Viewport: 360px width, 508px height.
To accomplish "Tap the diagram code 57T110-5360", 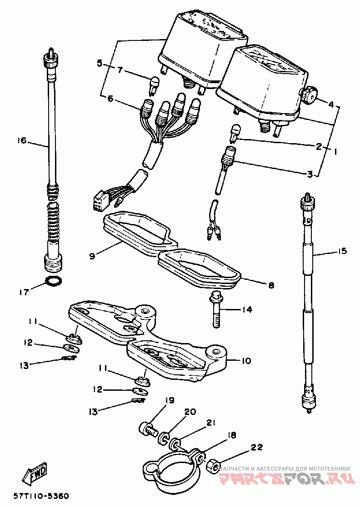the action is click(x=40, y=496).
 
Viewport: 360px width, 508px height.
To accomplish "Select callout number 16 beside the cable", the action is click(x=22, y=141).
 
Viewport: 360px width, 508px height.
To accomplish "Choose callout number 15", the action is click(x=342, y=251).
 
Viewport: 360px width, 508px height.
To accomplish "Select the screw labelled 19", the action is click(x=147, y=428).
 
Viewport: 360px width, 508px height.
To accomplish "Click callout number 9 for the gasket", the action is click(x=92, y=256).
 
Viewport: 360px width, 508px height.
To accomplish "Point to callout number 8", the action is click(x=271, y=285).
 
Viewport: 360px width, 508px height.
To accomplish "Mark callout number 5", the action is click(x=100, y=63).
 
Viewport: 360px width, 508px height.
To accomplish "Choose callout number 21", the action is click(x=210, y=423).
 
